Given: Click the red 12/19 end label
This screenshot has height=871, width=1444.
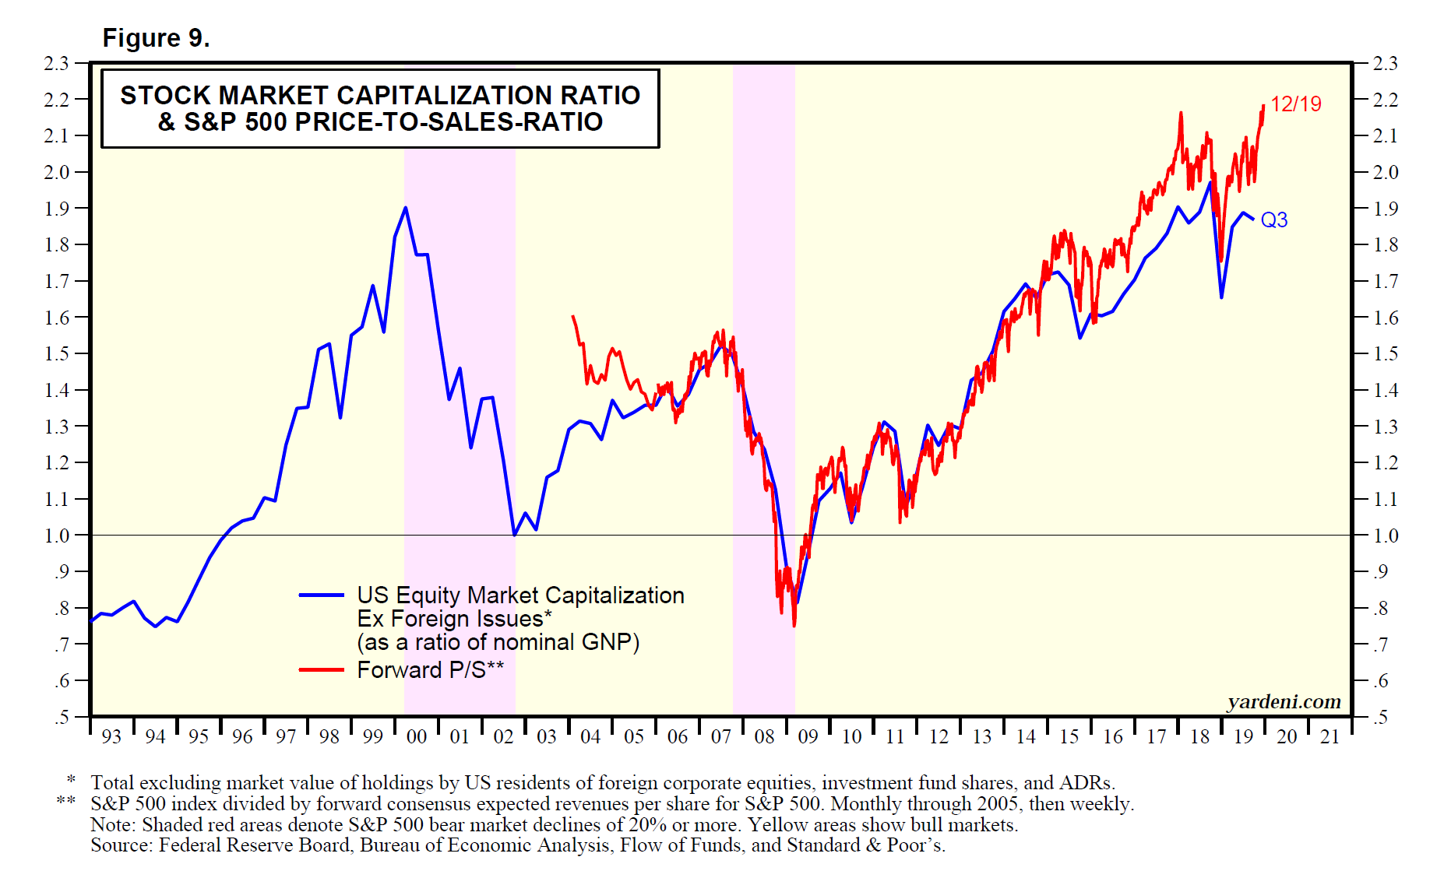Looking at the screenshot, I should click(1295, 104).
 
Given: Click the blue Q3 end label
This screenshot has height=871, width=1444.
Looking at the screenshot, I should click(1273, 220).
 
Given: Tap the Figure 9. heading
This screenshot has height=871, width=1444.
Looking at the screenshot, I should click(156, 38).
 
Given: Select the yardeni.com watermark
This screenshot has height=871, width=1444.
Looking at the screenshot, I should click(1284, 702).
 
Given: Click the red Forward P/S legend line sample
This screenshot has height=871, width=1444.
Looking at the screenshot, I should click(321, 669).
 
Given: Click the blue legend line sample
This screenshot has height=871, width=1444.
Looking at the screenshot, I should click(321, 595).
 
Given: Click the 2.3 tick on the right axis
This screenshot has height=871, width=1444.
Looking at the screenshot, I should click(1385, 63).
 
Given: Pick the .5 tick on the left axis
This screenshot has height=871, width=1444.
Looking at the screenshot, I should click(62, 717).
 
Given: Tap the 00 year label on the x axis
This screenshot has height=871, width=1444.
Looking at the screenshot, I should click(417, 736).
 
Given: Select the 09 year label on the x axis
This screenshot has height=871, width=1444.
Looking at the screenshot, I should click(808, 736).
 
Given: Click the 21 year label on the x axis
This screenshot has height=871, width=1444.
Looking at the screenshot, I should click(1330, 736).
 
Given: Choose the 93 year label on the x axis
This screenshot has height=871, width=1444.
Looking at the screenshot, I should click(111, 736).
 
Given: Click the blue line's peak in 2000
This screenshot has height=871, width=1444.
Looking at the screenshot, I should click(405, 208).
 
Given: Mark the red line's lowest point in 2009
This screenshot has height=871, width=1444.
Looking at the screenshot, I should click(794, 625).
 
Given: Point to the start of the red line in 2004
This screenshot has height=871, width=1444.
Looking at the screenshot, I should click(573, 316).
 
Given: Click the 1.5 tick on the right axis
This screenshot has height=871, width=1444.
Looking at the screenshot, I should click(1385, 354).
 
